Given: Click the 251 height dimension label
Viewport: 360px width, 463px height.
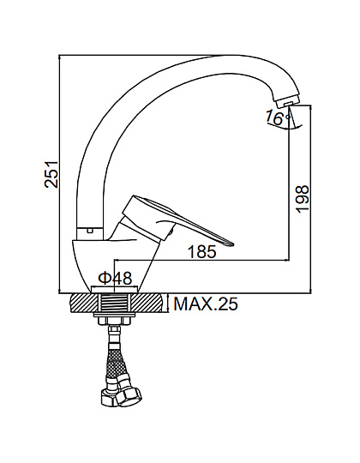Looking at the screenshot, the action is click(51, 174).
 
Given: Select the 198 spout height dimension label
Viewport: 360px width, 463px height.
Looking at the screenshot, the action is click(303, 199).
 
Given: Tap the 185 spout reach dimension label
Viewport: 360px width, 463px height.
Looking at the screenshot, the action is click(202, 252).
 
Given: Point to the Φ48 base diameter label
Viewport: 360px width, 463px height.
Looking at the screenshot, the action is click(116, 278).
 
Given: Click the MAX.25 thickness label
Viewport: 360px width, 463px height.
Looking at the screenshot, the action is click(206, 304).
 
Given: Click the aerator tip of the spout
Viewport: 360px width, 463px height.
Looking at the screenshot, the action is click(286, 103).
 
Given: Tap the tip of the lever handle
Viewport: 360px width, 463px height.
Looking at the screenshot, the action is click(231, 244).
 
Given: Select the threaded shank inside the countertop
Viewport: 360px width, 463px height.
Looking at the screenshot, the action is click(115, 303).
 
